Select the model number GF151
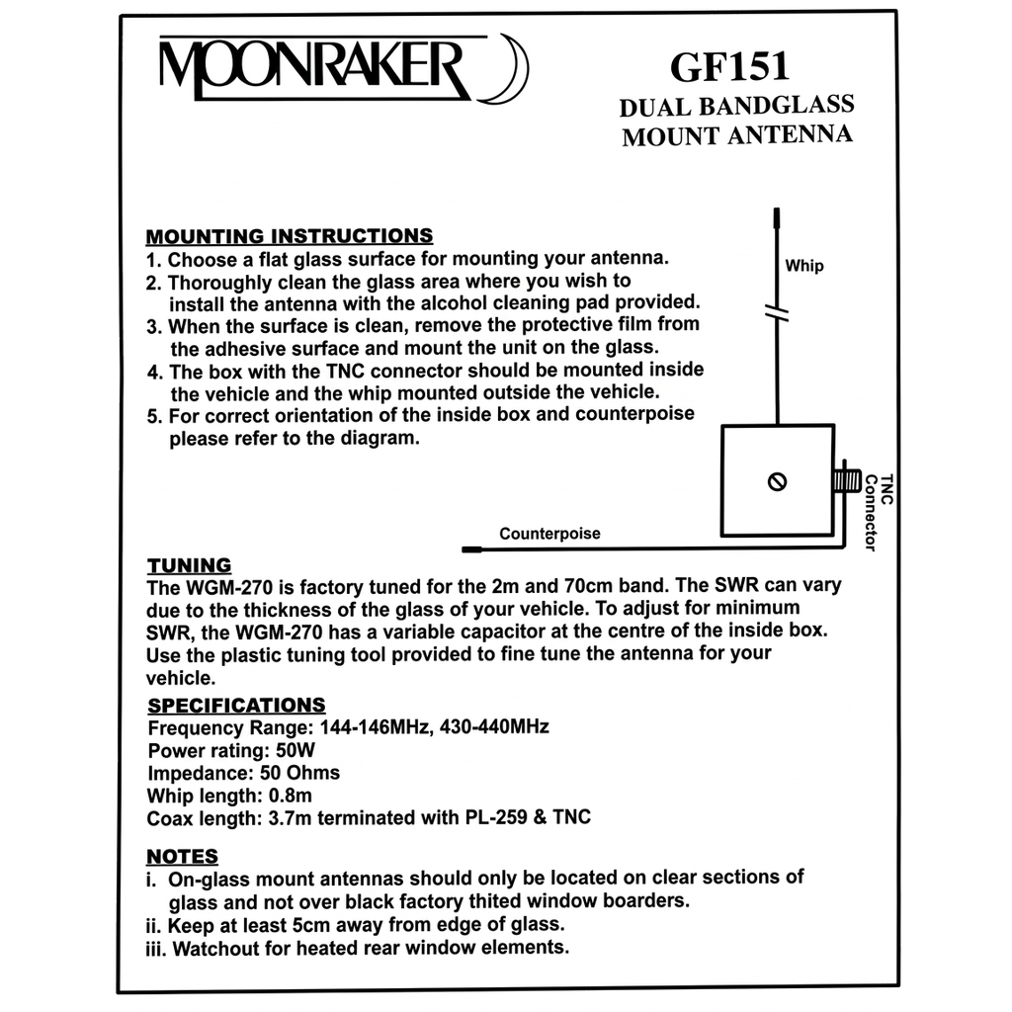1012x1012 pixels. [729, 66]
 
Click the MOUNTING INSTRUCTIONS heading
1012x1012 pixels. [290, 236]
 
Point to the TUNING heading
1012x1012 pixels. [189, 565]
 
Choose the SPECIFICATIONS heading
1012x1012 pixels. [236, 705]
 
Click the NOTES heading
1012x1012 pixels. [182, 856]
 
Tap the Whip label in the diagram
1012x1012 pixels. [803, 266]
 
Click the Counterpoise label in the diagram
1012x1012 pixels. [549, 534]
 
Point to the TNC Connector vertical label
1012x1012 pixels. [878, 510]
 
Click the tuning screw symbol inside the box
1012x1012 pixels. [777, 482]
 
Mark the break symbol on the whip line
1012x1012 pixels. [778, 315]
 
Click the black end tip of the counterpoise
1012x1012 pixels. [471, 548]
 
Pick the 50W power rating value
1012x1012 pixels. [277, 749]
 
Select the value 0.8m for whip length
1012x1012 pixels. [293, 795]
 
